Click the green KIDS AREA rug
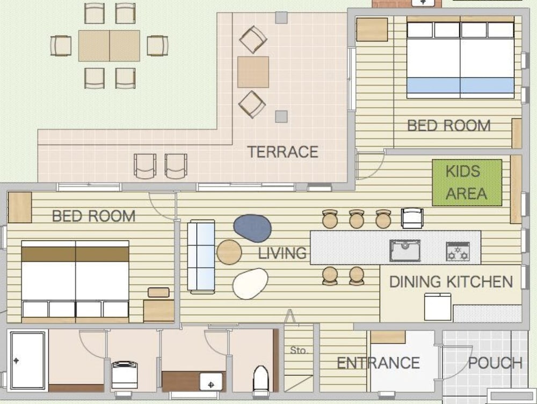(x=467, y=182)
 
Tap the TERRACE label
(x=282, y=152)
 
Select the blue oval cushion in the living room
(x=252, y=228)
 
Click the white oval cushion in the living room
(x=250, y=284)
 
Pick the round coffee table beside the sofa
(x=229, y=252)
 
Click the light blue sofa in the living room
(x=201, y=256)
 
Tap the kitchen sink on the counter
(x=405, y=251)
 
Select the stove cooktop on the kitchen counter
(x=458, y=251)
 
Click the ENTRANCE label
(x=378, y=363)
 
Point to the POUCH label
(x=495, y=363)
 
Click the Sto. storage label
(x=299, y=350)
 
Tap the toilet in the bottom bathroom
(x=260, y=378)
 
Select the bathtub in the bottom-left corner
(x=28, y=360)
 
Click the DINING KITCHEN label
(x=451, y=282)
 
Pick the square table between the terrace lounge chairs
(x=253, y=72)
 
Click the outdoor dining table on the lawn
(x=109, y=46)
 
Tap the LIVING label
(x=282, y=253)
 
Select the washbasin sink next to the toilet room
(x=211, y=381)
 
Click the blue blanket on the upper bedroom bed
(x=460, y=85)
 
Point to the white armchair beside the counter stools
(x=412, y=218)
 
